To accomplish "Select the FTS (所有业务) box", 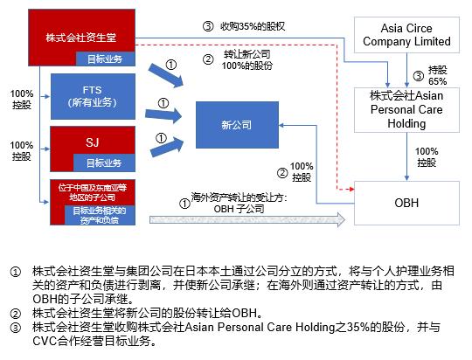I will (93, 96).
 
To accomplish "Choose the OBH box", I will (407, 203).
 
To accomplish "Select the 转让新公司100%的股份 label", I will (247, 60).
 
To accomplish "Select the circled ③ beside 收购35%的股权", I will (207, 27).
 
